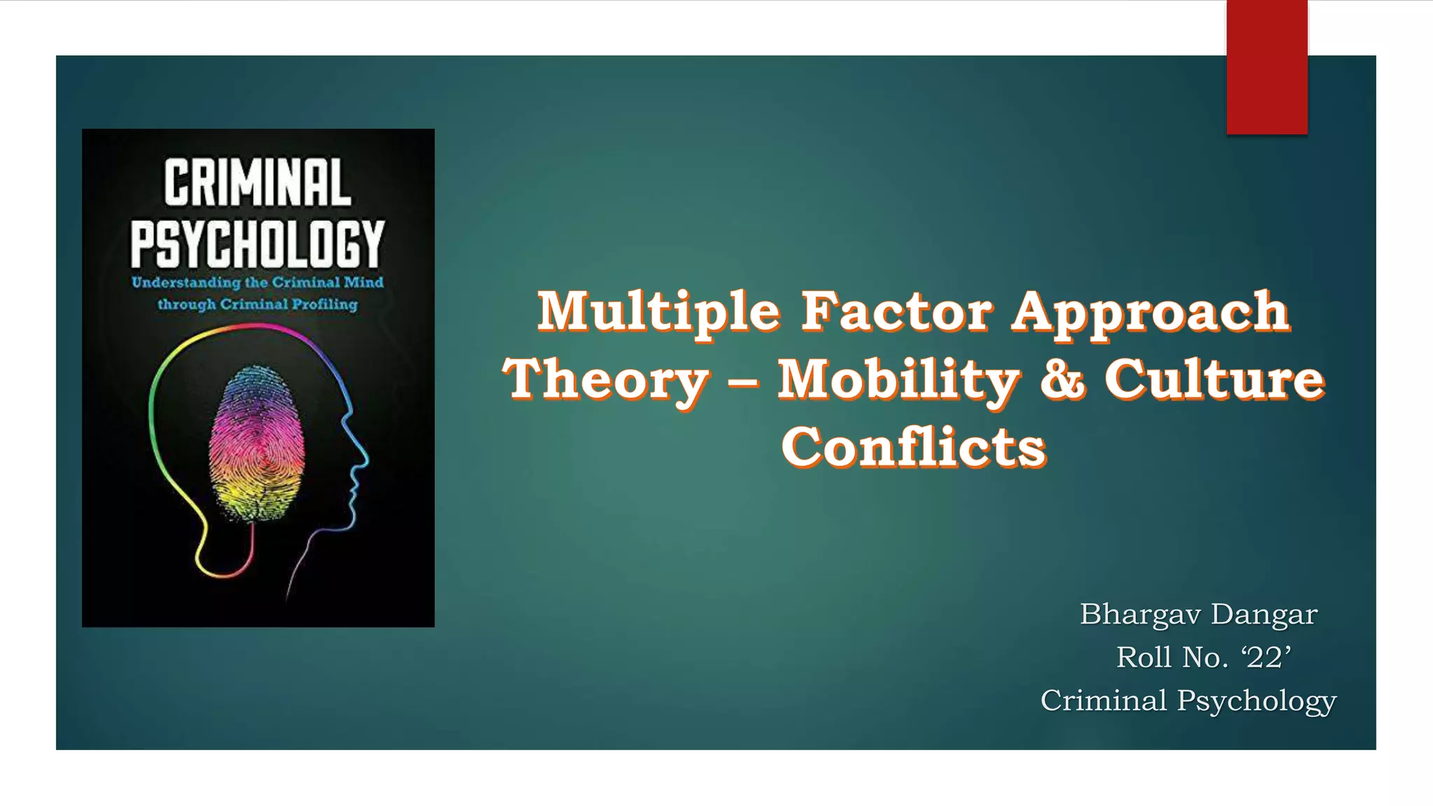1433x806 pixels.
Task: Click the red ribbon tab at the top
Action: pos(1266,67)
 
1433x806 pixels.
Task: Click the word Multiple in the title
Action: pos(658,311)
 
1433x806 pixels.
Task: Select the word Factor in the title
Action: pos(896,311)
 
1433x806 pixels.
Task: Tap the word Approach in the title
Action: pos(1151,313)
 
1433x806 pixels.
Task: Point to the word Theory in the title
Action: pos(606,380)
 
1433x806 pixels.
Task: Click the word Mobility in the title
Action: pos(898,380)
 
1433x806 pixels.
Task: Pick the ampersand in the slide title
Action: pos(1063,380)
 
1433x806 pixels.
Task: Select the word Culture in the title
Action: pos(1215,380)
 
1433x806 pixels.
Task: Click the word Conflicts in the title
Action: pos(913,447)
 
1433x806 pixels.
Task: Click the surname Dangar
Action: pos(1264,615)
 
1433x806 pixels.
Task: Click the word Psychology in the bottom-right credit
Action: pos(1257,701)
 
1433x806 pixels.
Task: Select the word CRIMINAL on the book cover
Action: pos(257,183)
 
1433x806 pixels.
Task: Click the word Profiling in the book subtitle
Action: pos(325,305)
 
